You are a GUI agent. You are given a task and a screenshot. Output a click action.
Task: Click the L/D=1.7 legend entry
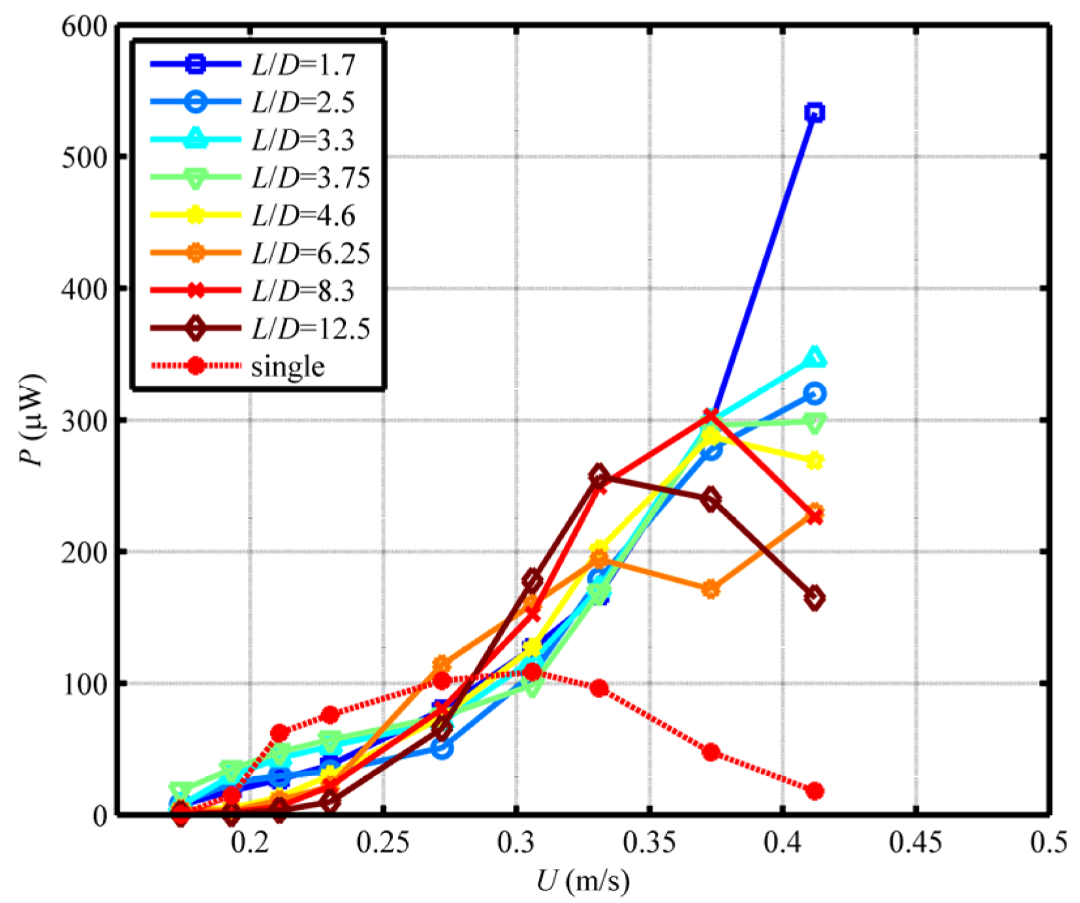pyautogui.click(x=303, y=64)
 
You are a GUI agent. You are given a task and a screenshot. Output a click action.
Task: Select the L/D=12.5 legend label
pyautogui.click(x=311, y=328)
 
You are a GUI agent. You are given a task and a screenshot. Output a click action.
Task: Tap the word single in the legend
pyautogui.click(x=288, y=366)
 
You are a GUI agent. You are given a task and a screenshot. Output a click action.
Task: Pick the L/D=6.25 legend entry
pyautogui.click(x=311, y=253)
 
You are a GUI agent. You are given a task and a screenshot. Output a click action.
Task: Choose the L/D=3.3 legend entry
pyautogui.click(x=303, y=140)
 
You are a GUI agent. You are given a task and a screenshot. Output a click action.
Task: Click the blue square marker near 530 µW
pyautogui.click(x=814, y=113)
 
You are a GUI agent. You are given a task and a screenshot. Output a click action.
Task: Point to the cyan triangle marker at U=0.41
pyautogui.click(x=814, y=358)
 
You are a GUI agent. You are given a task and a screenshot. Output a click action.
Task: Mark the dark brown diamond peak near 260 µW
pyautogui.click(x=599, y=476)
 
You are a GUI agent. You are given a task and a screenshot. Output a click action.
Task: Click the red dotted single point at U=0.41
pyautogui.click(x=814, y=791)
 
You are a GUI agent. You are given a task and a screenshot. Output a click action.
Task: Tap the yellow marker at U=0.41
pyautogui.click(x=814, y=461)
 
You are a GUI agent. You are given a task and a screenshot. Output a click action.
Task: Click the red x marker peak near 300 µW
pyautogui.click(x=711, y=416)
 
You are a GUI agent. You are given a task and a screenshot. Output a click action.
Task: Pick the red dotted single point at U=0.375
pyautogui.click(x=711, y=752)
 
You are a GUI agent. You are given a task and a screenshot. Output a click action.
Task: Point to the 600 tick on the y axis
pyautogui.click(x=84, y=26)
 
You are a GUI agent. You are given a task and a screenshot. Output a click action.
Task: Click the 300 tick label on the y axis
pyautogui.click(x=84, y=421)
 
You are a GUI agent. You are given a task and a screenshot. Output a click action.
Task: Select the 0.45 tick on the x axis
pyautogui.click(x=916, y=842)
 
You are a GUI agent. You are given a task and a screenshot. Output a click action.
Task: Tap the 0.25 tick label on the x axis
pyautogui.click(x=383, y=842)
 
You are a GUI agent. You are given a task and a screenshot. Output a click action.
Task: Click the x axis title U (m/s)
pyautogui.click(x=583, y=881)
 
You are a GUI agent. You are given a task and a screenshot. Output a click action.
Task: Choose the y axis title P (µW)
pyautogui.click(x=31, y=421)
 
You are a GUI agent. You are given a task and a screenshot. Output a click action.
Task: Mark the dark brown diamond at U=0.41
pyautogui.click(x=814, y=598)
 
